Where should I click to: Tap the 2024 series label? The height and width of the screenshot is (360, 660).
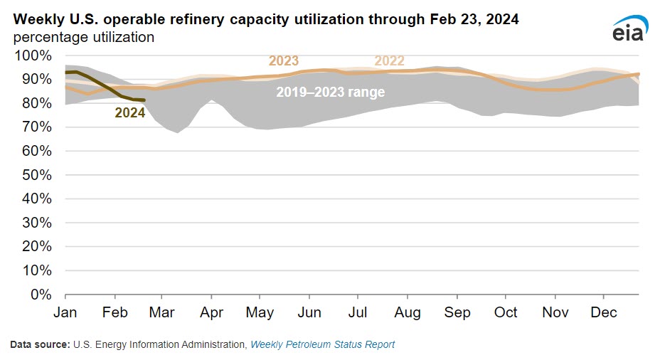[x=130, y=112]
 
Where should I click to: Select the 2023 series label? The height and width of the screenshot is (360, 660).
[x=283, y=61]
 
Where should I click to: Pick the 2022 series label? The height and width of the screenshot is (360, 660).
[x=389, y=61]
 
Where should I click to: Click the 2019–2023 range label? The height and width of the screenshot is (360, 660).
[x=330, y=92]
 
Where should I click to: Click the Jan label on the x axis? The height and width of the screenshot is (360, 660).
[x=65, y=313]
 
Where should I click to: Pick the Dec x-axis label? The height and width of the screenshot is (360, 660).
[x=604, y=313]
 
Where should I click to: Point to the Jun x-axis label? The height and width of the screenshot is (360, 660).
[x=309, y=313]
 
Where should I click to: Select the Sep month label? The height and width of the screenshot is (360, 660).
[x=457, y=313]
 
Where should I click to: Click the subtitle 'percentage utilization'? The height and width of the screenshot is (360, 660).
[x=84, y=36]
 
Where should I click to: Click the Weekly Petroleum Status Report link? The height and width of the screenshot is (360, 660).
[x=323, y=344]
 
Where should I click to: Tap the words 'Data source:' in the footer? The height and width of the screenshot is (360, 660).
[x=39, y=344]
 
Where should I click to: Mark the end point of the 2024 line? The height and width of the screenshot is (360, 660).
[x=144, y=100]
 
